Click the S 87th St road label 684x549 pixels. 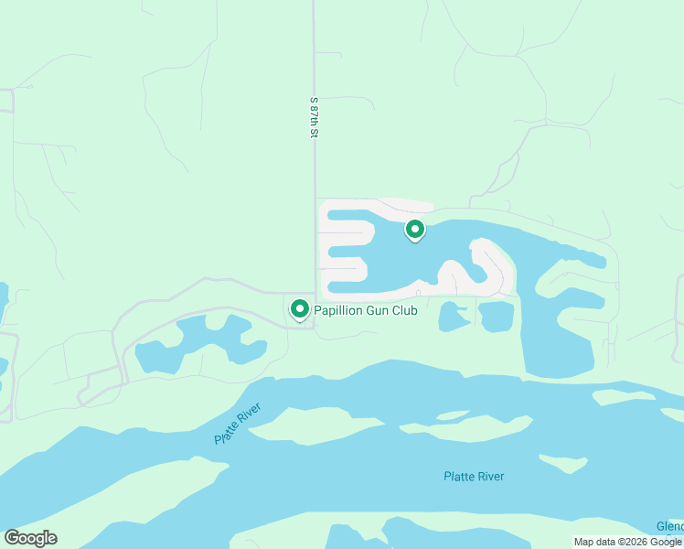pyautogui.click(x=313, y=117)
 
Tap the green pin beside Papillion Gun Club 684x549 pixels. pyautogui.click(x=299, y=309)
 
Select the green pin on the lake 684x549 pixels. pyautogui.click(x=415, y=229)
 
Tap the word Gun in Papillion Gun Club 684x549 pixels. pyautogui.click(x=378, y=311)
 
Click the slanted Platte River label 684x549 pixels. pyautogui.click(x=238, y=423)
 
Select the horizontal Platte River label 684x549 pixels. pyautogui.click(x=474, y=476)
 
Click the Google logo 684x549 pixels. pyautogui.click(x=30, y=538)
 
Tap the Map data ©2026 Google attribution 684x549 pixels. pyautogui.click(x=627, y=542)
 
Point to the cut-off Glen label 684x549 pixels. pyautogui.click(x=670, y=527)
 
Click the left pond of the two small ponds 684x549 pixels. pyautogui.click(x=453, y=317)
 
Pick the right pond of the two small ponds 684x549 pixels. pyautogui.click(x=497, y=317)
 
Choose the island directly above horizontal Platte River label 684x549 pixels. pyautogui.click(x=476, y=429)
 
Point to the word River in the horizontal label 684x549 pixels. pyautogui.click(x=489, y=476)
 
